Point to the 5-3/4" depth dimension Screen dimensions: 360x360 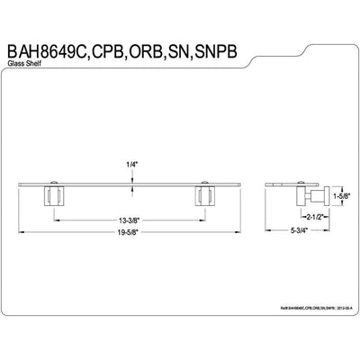[301, 232]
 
